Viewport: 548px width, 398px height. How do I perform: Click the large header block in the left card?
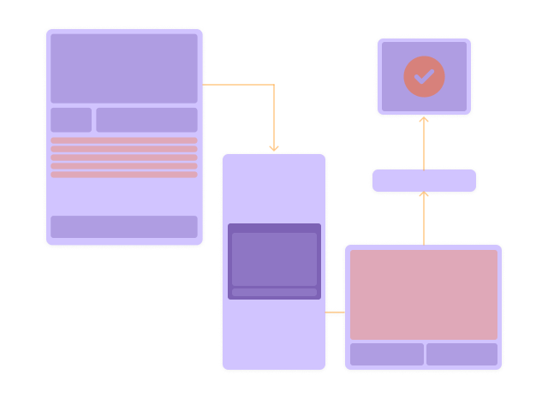click(124, 68)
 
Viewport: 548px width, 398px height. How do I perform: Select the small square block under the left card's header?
click(71, 120)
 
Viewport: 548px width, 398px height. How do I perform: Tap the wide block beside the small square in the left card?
click(146, 120)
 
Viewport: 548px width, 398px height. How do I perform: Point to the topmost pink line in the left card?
click(124, 140)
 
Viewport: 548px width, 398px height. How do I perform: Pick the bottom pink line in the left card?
click(124, 175)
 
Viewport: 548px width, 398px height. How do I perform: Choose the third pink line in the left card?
click(124, 157)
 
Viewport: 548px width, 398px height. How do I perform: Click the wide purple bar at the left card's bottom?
click(124, 227)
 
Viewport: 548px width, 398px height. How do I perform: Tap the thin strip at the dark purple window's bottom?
click(274, 293)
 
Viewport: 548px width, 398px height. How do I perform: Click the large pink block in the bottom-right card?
click(424, 294)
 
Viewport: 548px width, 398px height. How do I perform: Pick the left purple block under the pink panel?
click(387, 354)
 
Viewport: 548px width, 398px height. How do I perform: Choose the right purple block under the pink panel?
click(462, 354)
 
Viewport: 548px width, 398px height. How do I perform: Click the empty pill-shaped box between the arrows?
click(424, 181)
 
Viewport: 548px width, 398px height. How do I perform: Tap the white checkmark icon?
click(424, 75)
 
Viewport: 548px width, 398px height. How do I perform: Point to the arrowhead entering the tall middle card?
click(274, 149)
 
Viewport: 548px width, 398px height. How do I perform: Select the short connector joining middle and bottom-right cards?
click(335, 313)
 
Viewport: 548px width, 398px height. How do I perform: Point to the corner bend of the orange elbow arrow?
click(274, 85)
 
